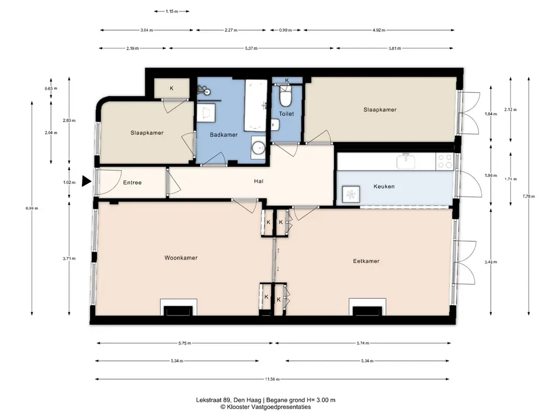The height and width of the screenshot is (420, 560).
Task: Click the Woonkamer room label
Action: point(180,258)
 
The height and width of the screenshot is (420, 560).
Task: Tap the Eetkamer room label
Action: point(366,261)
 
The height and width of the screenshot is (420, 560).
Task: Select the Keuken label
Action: point(384,186)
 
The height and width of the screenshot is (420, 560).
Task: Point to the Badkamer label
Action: point(224,135)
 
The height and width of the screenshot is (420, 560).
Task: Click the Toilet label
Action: point(287,114)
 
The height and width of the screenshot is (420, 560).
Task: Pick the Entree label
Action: point(132,183)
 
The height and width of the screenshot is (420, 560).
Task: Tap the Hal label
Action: point(259,181)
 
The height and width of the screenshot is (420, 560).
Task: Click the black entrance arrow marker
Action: point(86,181)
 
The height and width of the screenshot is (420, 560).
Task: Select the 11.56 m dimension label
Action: point(272,380)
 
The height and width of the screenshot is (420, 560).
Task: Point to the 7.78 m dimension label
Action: point(529,196)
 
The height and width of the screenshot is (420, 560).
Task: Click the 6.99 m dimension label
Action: point(32,208)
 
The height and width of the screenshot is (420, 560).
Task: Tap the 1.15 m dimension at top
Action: point(171,11)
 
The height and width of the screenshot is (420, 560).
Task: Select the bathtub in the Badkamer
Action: point(256,106)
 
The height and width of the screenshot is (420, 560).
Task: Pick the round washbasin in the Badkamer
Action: point(258,147)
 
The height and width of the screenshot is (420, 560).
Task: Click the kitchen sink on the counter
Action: point(406,161)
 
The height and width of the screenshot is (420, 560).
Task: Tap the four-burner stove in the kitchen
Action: point(445,161)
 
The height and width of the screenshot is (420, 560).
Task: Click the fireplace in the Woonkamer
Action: point(179,307)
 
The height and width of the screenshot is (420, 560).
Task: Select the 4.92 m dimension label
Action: point(378,31)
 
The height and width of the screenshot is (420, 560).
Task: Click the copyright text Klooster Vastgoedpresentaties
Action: point(265,407)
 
